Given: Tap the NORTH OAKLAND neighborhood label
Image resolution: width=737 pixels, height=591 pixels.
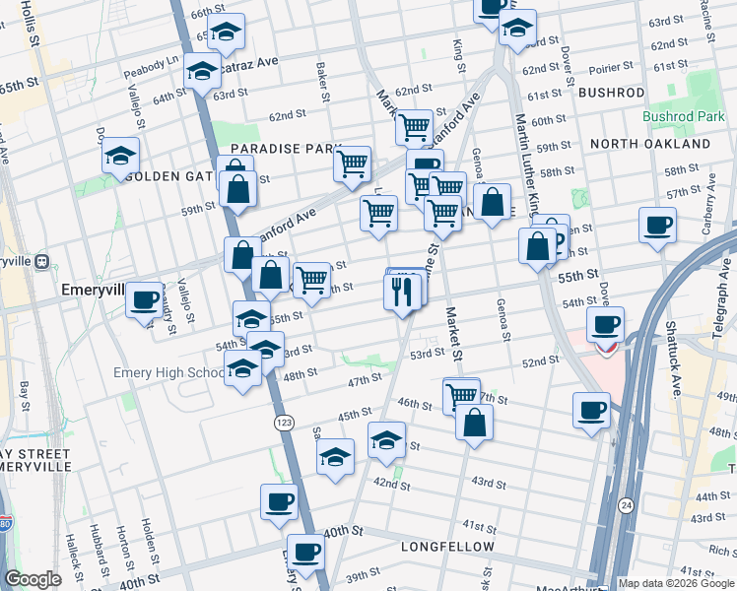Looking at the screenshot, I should click(x=649, y=144).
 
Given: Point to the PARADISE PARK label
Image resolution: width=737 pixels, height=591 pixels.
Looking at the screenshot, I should click(x=285, y=149).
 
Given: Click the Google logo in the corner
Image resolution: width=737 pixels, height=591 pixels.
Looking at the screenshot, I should click(x=33, y=579).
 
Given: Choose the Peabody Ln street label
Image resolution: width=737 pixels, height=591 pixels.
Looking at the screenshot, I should click(x=152, y=74).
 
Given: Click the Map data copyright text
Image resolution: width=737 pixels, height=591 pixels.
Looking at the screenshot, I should click(x=675, y=583).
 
